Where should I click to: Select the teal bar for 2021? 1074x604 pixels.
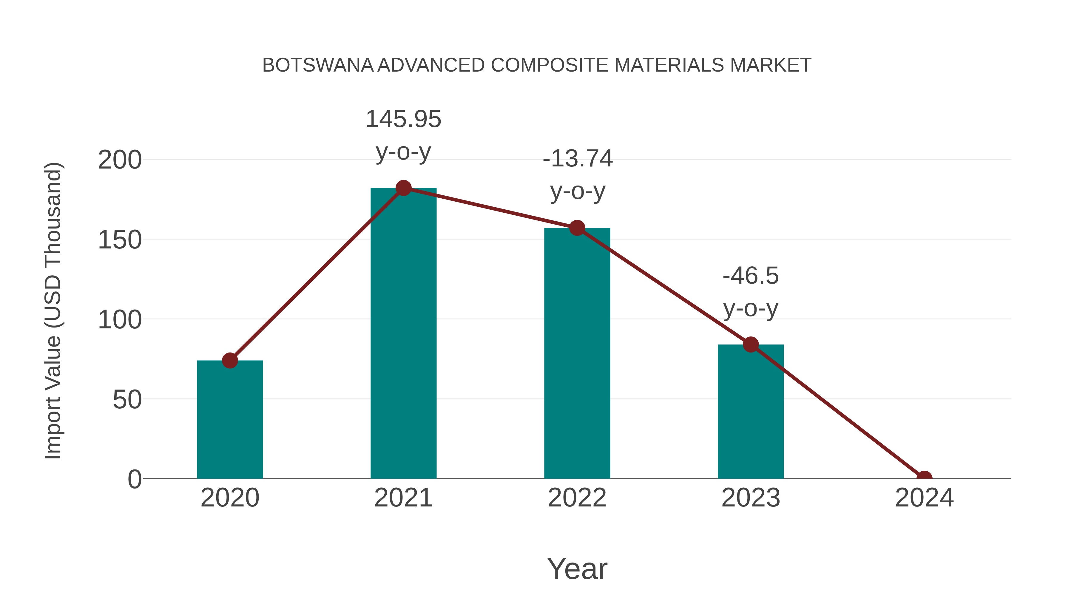[403, 333]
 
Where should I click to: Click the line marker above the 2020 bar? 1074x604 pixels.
[230, 360]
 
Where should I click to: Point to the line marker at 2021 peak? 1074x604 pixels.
[403, 188]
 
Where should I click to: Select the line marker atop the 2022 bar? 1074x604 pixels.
[577, 228]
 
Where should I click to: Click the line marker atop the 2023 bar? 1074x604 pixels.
[751, 344]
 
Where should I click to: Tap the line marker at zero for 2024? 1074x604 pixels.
[924, 478]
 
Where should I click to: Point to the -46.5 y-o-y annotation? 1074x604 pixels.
[751, 291]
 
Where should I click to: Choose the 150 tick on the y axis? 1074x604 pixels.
[120, 240]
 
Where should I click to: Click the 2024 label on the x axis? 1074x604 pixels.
[924, 498]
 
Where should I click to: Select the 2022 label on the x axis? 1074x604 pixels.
[577, 498]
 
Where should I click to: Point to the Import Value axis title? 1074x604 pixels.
[53, 311]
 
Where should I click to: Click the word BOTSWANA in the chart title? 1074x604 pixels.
[318, 65]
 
